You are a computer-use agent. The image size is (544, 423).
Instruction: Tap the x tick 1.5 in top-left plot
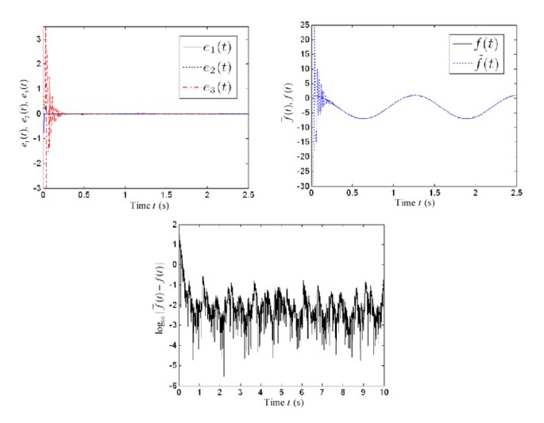click(165, 194)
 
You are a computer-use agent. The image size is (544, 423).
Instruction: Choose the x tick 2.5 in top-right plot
click(515, 194)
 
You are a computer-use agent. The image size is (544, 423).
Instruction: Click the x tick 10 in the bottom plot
click(384, 392)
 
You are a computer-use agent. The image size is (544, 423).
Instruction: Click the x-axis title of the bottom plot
click(281, 402)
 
